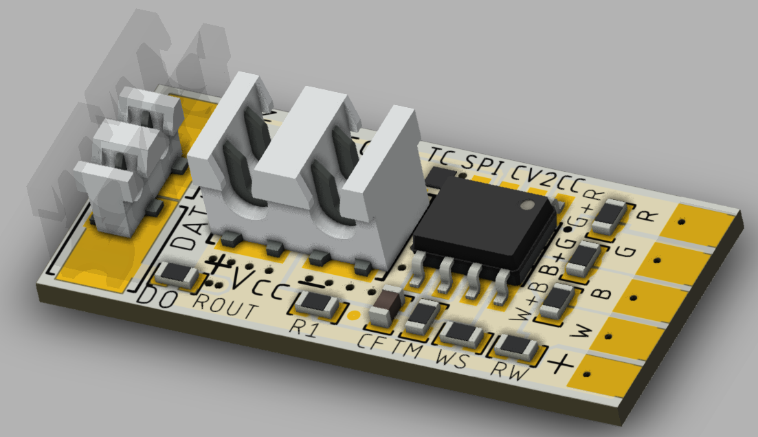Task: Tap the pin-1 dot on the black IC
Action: (x=527, y=205)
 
